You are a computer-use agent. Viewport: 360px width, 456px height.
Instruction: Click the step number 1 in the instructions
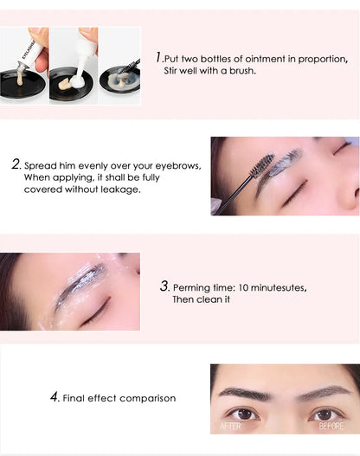point(159,57)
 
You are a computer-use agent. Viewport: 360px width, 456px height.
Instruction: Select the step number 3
point(164,286)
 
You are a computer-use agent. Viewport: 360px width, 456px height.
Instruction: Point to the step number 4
point(55,397)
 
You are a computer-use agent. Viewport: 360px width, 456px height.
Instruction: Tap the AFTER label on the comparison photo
point(230,426)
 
